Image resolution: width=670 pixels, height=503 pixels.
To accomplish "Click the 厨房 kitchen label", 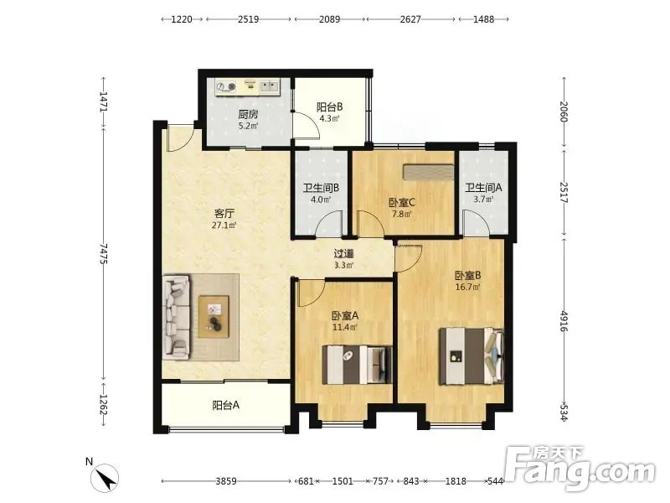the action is coord(248,114).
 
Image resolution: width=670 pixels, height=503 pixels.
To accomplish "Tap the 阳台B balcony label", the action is coord(329,106).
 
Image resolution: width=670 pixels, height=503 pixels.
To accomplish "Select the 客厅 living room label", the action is coord(224,214).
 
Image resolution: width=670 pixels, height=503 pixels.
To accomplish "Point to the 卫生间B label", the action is coord(321,188).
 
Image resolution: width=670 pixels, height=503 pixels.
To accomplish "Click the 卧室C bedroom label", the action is coord(402,202).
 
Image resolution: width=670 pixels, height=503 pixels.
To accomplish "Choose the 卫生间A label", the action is coord(484,187).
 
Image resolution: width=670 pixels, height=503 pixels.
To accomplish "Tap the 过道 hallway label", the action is coord(343,254).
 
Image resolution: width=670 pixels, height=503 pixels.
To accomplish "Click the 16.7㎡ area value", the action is coord(468,287).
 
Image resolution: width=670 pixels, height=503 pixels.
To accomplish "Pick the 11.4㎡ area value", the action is coord(345,327).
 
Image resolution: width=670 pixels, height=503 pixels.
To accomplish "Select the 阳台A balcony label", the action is coord(225,405).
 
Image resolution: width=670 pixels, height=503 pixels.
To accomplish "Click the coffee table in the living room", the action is coord(214,317).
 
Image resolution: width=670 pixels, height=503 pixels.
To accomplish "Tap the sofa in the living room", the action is coord(177,317).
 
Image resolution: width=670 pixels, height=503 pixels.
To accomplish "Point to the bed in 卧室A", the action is coord(357,365).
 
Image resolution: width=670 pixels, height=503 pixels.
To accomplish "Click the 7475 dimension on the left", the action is coord(103,254).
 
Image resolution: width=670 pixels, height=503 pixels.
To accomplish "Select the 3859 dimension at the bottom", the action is coord(225,481).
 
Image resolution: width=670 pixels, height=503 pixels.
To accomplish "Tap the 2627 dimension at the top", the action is coord(410,19).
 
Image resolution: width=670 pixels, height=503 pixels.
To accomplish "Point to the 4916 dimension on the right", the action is coord(564,321).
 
